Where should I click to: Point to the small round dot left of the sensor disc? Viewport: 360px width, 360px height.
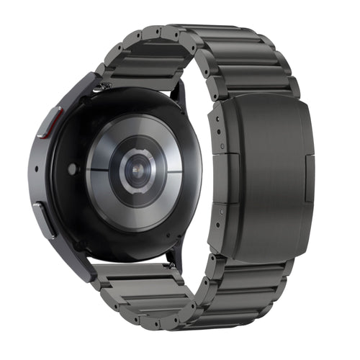click(x=72, y=170)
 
